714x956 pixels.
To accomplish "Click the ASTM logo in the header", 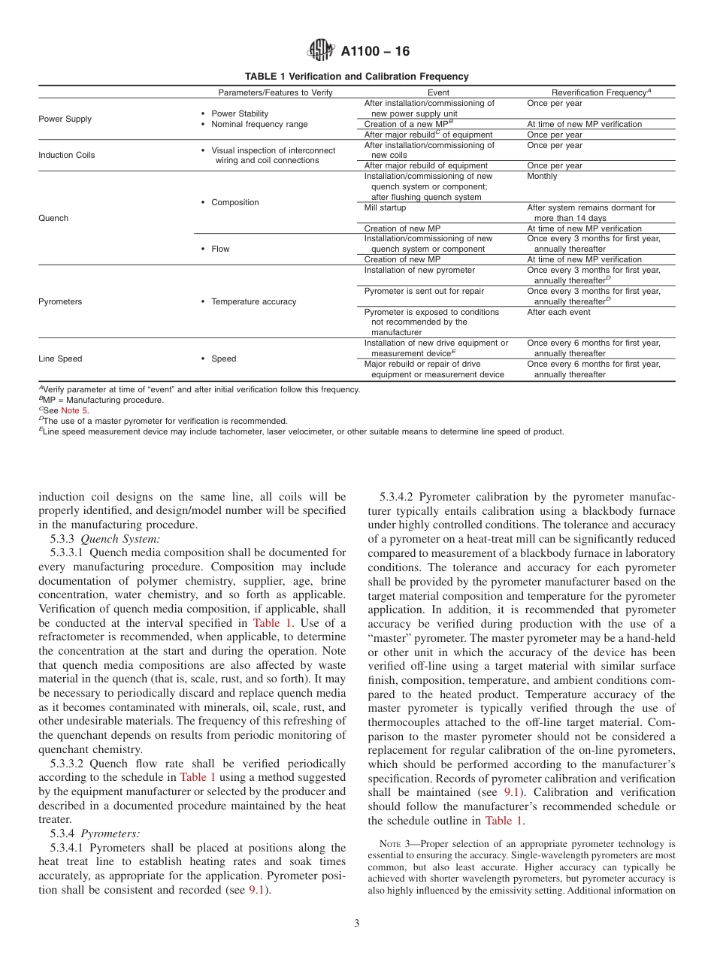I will pyautogui.click(x=321, y=51).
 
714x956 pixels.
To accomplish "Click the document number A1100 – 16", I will pyautogui.click(x=375, y=52).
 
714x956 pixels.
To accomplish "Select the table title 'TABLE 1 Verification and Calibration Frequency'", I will pyautogui.click(x=356, y=77).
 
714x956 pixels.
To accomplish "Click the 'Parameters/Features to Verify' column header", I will pyautogui.click(x=275, y=92).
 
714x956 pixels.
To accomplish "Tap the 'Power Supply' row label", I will pyautogui.click(x=65, y=119).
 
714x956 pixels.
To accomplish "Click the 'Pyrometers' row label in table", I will pyautogui.click(x=60, y=301).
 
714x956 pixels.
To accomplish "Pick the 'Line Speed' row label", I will pyautogui.click(x=60, y=358).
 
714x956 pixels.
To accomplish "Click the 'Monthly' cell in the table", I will pyautogui.click(x=542, y=176).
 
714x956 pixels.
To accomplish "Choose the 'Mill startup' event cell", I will pyautogui.click(x=385, y=207).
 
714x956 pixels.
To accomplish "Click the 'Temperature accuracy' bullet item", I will pyautogui.click(x=253, y=301).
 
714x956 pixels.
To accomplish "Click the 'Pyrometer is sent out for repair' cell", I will pyautogui.click(x=424, y=291).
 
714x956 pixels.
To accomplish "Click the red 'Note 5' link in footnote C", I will pyautogui.click(x=74, y=410).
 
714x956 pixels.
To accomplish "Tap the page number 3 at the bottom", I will pyautogui.click(x=357, y=924).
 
